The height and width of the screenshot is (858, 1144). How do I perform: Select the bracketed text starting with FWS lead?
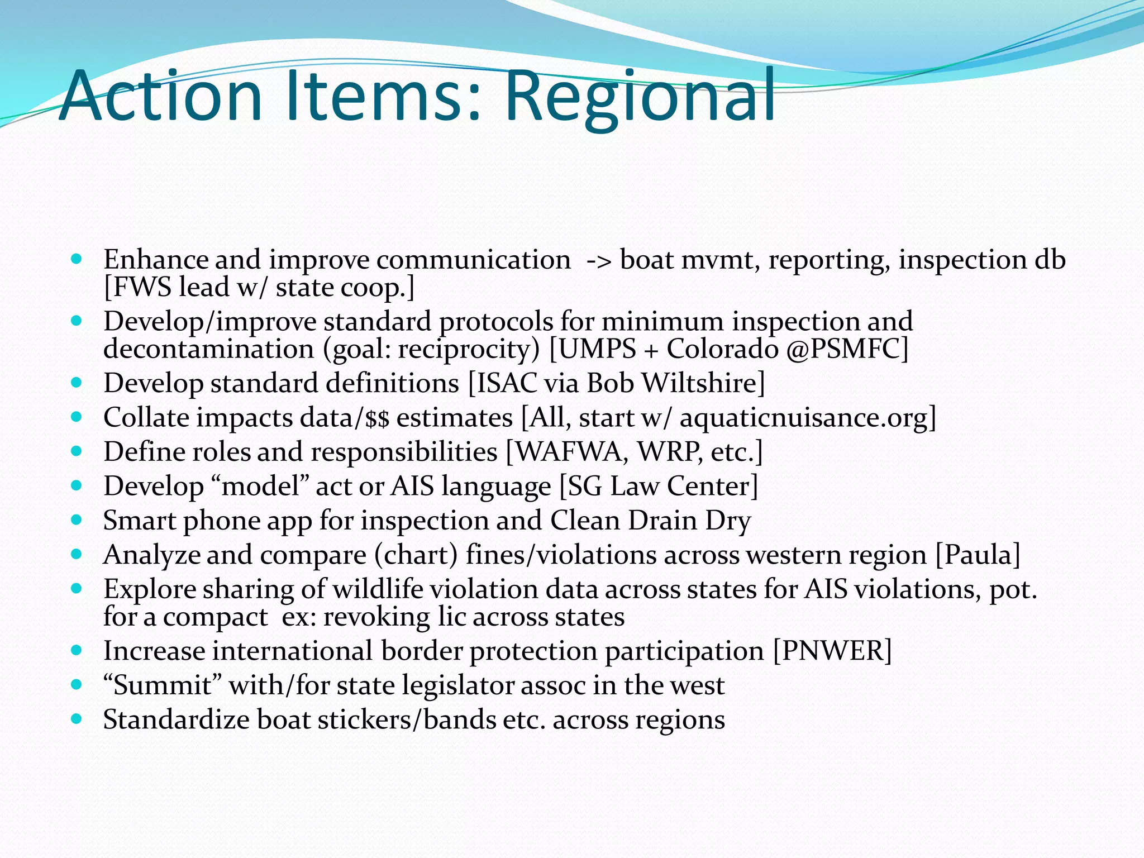click(x=259, y=288)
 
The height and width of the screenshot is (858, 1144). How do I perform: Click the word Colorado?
click(x=722, y=349)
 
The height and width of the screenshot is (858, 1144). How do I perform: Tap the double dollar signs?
click(x=377, y=418)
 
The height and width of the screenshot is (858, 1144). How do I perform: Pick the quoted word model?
click(x=261, y=486)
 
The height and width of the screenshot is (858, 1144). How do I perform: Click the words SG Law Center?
click(x=659, y=486)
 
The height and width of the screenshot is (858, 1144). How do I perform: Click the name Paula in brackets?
click(x=978, y=555)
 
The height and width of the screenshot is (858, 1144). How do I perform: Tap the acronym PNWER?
click(x=832, y=651)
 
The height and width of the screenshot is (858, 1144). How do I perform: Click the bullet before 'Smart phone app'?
click(x=77, y=520)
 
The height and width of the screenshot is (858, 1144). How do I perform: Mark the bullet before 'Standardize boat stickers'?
click(x=77, y=719)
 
